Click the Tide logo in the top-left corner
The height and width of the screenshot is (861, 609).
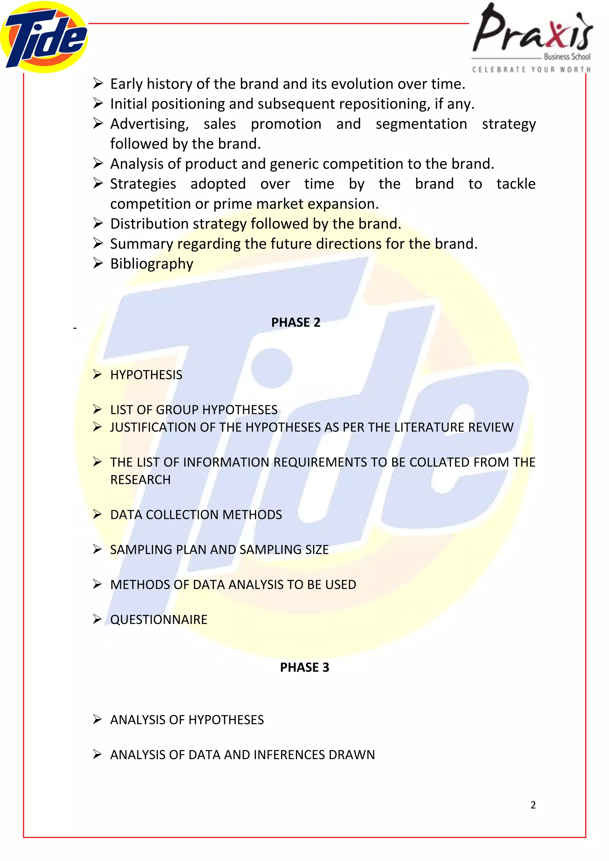[x=44, y=37]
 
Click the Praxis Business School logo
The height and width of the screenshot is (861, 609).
[x=532, y=32]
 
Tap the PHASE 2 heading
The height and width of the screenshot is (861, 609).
[x=296, y=322]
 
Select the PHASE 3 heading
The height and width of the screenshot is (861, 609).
[x=304, y=668]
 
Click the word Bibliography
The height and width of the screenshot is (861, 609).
[x=152, y=264]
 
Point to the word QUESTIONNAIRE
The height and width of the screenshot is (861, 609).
[x=159, y=619]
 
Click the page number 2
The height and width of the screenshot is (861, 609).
[x=533, y=805]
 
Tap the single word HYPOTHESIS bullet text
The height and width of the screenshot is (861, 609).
[x=146, y=375]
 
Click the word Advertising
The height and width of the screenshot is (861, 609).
[x=149, y=124]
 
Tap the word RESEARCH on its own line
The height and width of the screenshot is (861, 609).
[x=140, y=480]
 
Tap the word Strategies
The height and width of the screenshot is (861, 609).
[x=143, y=184]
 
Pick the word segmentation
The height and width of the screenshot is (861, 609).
[x=421, y=124]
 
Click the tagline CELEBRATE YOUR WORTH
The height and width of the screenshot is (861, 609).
[x=531, y=70]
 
